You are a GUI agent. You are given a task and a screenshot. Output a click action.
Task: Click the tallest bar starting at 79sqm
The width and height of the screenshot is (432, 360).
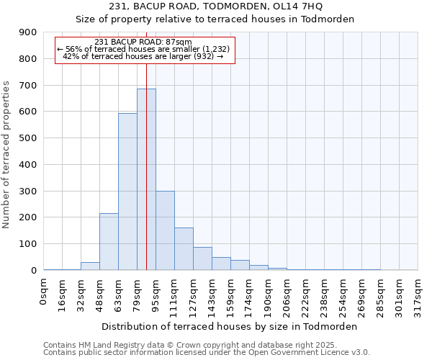pyautogui.click(x=146, y=180)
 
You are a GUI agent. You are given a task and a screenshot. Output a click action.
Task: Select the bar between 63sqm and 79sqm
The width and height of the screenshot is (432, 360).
pyautogui.click(x=127, y=192)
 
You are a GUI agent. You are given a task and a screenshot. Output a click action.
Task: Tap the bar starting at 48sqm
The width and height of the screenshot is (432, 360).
pyautogui.click(x=109, y=241)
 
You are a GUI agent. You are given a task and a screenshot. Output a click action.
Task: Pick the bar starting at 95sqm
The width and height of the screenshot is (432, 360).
pyautogui.click(x=165, y=230)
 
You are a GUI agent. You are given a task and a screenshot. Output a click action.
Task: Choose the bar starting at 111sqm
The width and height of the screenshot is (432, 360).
pyautogui.click(x=184, y=248)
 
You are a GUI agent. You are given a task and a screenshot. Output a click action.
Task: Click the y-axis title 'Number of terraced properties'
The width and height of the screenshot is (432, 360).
pyautogui.click(x=7, y=155)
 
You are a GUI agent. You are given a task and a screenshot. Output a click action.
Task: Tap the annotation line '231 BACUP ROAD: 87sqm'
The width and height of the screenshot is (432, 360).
pyautogui.click(x=143, y=42)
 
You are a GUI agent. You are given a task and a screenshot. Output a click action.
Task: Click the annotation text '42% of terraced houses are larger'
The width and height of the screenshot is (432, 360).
pyautogui.click(x=145, y=56)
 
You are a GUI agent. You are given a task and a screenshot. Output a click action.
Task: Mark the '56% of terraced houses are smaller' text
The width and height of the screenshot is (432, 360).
pyautogui.click(x=143, y=49)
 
